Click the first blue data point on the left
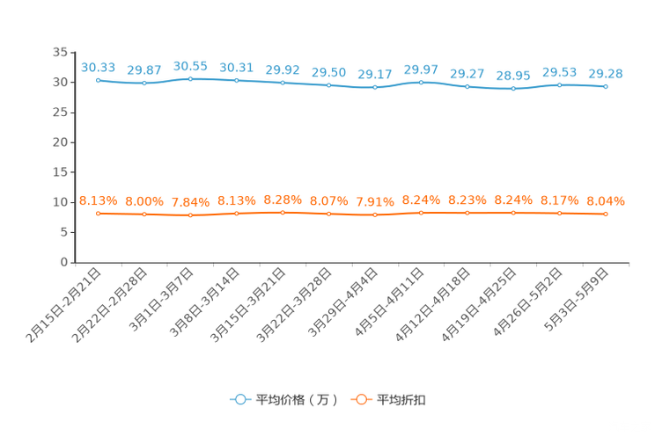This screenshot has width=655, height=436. [98, 80]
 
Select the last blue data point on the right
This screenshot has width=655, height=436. [606, 86]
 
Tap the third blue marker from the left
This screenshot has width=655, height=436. [190, 79]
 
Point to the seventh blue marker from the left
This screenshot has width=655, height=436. [375, 88]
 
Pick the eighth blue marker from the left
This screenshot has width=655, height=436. [422, 83]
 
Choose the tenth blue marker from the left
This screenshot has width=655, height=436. [513, 89]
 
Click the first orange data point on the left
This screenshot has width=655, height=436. [98, 213]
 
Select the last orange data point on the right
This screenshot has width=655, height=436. [606, 214]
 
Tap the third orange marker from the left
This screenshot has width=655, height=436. [190, 214]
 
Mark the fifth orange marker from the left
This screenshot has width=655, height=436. [283, 212]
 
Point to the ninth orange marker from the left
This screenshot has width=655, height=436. [467, 212]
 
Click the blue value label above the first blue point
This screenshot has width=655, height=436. [98, 67]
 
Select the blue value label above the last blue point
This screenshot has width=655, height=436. [606, 73]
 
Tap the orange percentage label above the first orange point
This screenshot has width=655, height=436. [98, 200]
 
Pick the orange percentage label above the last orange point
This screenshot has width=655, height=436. [606, 201]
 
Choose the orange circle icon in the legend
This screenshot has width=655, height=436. [360, 399]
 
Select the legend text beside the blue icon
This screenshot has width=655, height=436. [297, 400]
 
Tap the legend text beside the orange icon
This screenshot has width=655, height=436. [403, 400]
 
